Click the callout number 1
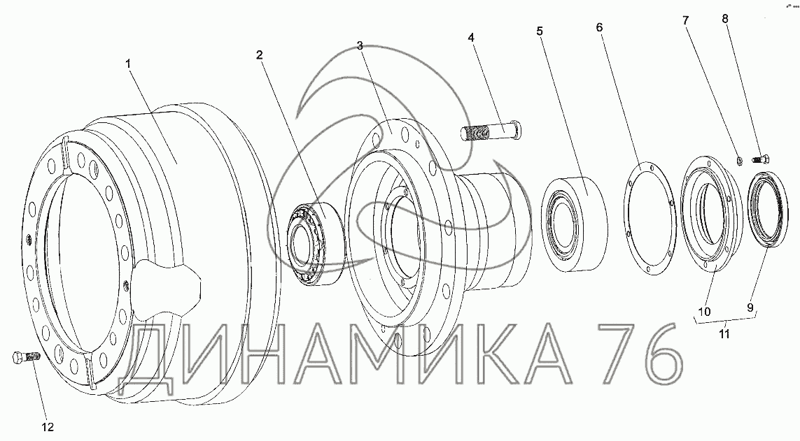click(128, 64)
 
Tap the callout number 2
click(260, 55)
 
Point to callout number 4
click(471, 37)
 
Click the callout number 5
click(540, 31)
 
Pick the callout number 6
click(600, 27)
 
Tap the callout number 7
click(686, 21)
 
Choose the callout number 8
click(725, 19)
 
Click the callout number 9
click(750, 308)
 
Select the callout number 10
click(704, 311)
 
